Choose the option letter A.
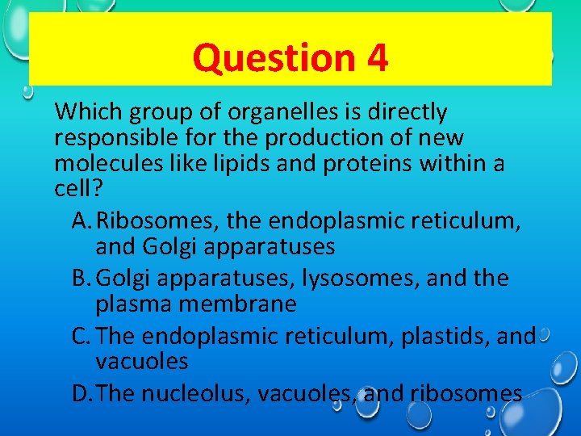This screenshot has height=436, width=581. click(79, 220)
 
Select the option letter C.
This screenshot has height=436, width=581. click(79, 335)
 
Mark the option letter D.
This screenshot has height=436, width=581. click(81, 393)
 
